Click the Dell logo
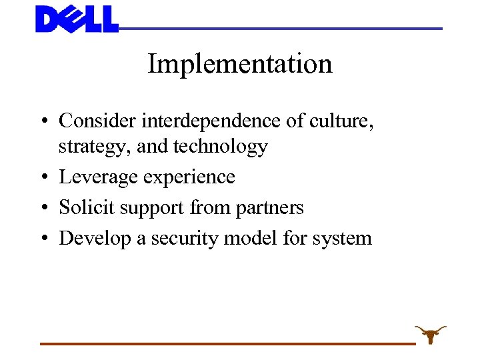coord(77,19)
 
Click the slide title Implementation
coord(239,64)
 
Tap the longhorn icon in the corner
coord(431,333)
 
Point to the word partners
coord(270,208)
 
